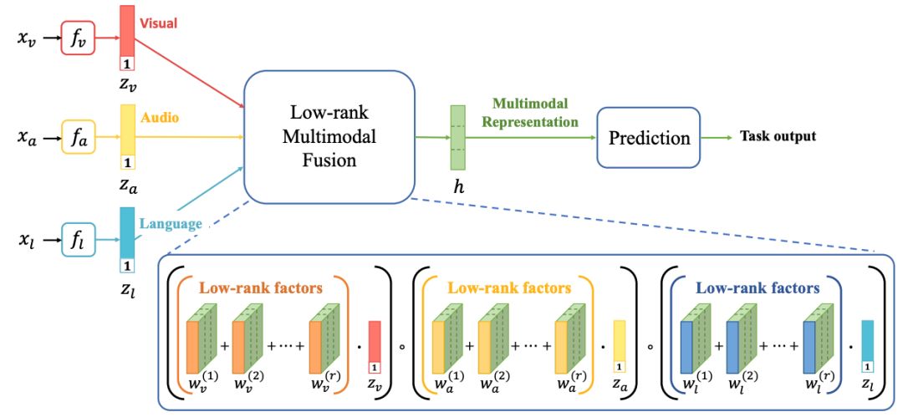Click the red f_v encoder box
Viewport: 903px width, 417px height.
tap(77, 38)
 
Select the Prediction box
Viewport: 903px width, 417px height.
tap(646, 137)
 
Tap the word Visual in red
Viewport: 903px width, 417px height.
tap(158, 23)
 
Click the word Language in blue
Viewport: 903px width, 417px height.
tap(171, 224)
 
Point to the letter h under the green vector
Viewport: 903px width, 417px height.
tap(457, 188)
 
